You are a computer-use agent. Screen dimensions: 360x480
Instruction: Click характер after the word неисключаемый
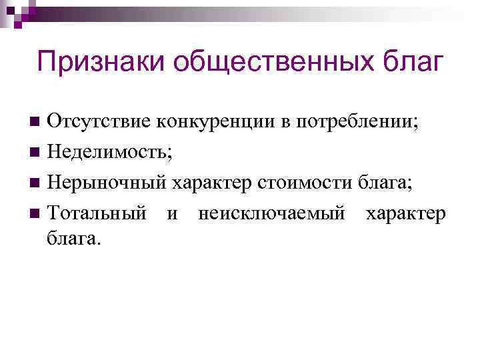pyautogui.click(x=404, y=214)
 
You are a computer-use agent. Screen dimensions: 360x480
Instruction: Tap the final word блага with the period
pyautogui.click(x=73, y=238)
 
